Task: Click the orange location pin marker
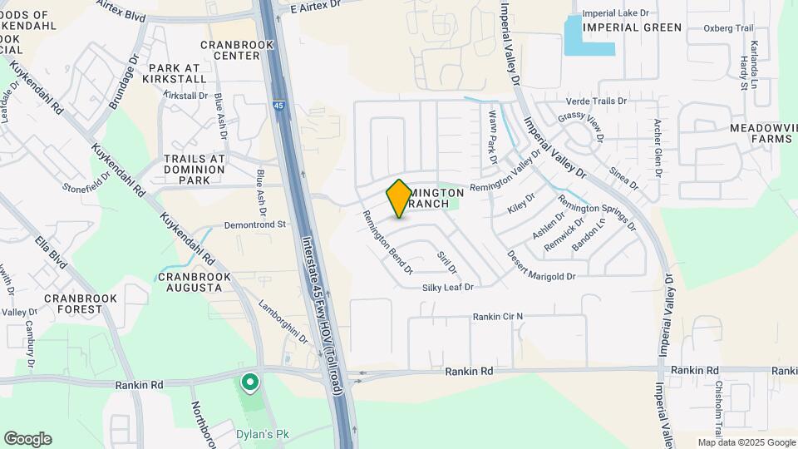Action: click(x=399, y=198)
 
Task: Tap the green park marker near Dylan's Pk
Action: click(x=249, y=383)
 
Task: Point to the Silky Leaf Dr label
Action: click(x=447, y=288)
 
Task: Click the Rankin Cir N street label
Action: click(x=498, y=317)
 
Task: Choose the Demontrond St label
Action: click(x=255, y=224)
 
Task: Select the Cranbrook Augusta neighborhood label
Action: click(x=190, y=282)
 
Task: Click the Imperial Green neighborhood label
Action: click(x=632, y=27)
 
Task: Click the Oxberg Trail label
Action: click(x=728, y=27)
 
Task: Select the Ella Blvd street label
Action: click(x=51, y=254)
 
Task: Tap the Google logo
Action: click(x=27, y=439)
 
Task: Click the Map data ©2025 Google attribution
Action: click(x=746, y=442)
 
